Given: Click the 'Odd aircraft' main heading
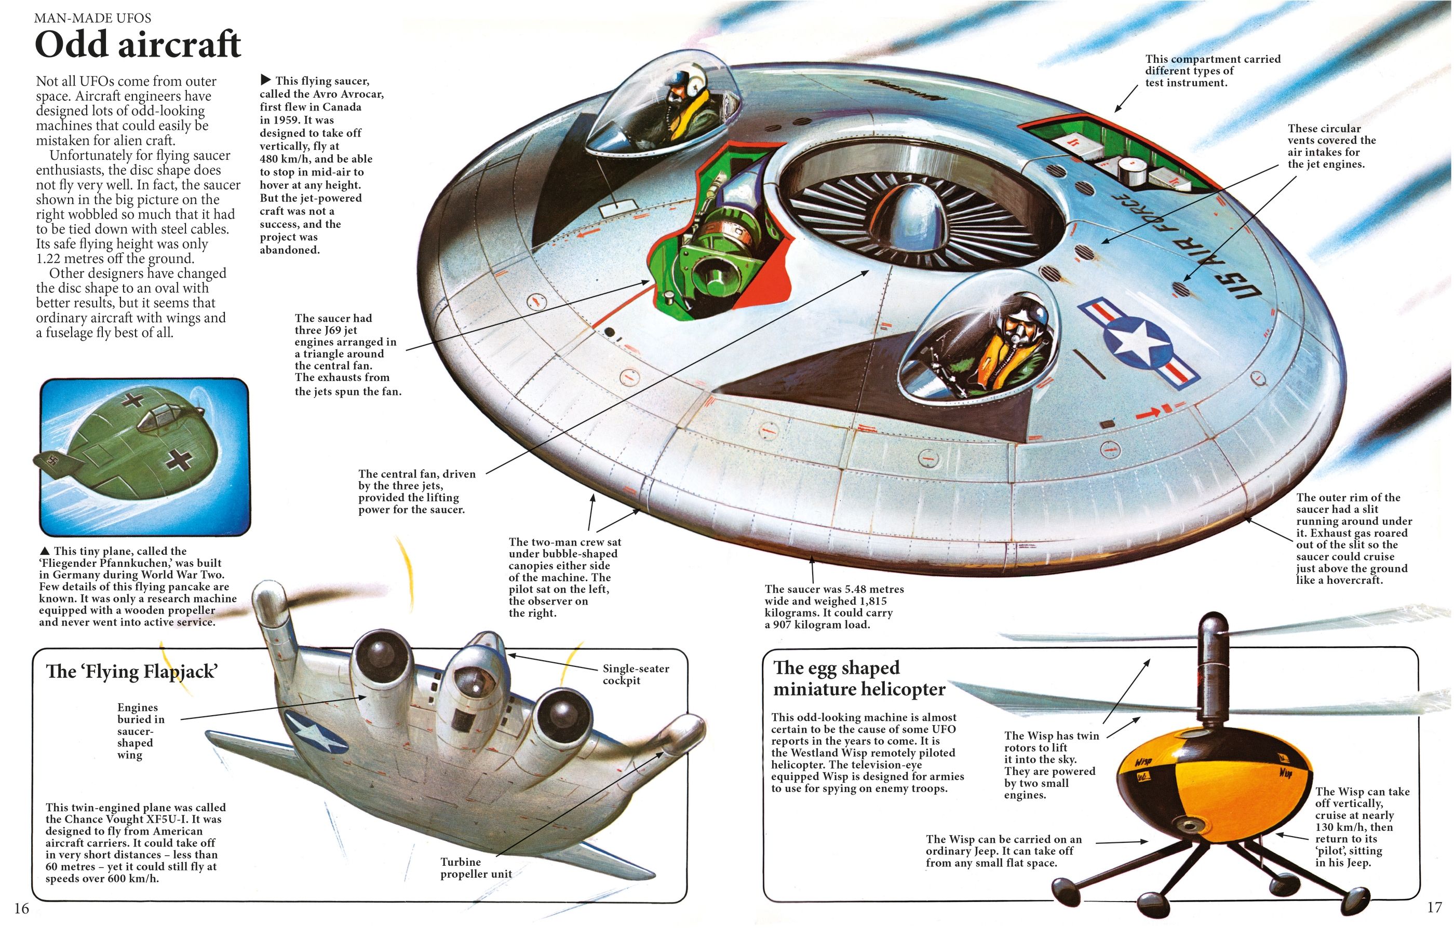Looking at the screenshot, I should pyautogui.click(x=138, y=45).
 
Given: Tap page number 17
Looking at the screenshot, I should pyautogui.click(x=1434, y=907).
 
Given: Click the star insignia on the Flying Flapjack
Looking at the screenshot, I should pyautogui.click(x=315, y=734).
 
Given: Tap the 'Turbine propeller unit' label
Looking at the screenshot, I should pyautogui.click(x=475, y=868).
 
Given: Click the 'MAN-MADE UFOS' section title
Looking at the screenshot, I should pyautogui.click(x=92, y=18).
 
